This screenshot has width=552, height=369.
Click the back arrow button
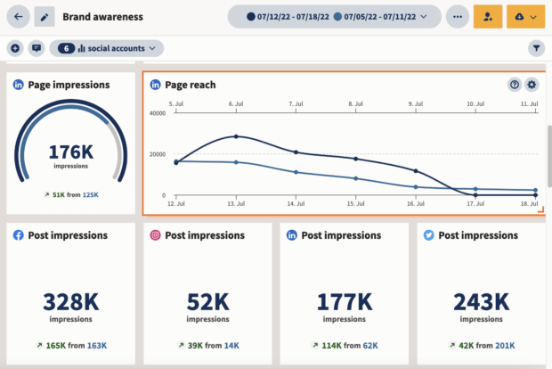click(19, 16)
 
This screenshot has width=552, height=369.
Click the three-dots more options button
click(458, 16)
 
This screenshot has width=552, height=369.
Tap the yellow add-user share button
click(488, 16)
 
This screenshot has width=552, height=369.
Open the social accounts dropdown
click(107, 48)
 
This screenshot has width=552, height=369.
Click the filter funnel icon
click(537, 48)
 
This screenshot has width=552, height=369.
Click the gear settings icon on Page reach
click(532, 85)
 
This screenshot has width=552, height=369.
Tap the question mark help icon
click(515, 85)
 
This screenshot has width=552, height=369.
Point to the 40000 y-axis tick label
click(157, 113)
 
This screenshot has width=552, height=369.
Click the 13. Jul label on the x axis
click(235, 205)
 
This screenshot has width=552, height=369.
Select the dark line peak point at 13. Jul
click(236, 136)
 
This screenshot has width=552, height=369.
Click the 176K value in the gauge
click(70, 152)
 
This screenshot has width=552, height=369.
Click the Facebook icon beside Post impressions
click(19, 235)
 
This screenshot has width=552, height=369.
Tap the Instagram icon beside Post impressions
click(155, 235)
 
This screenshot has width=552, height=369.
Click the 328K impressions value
click(70, 301)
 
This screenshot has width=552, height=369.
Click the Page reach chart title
click(191, 85)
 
